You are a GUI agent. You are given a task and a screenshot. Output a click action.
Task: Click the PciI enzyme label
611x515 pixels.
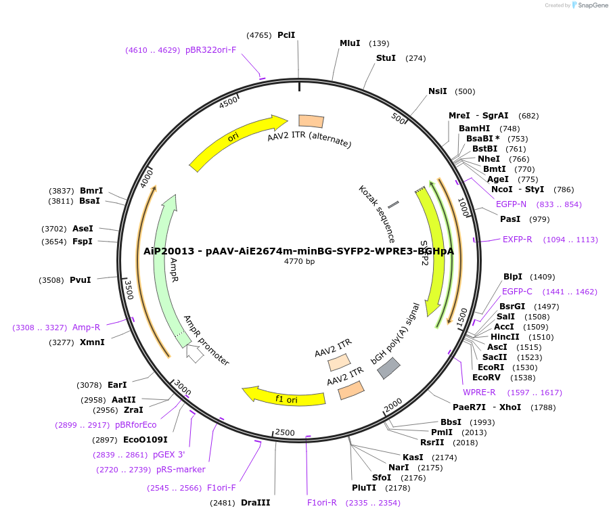coord(286,35)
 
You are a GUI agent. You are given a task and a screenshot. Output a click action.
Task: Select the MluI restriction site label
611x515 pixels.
coord(350,43)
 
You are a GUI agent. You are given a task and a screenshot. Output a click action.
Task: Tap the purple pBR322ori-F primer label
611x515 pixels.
coord(210,50)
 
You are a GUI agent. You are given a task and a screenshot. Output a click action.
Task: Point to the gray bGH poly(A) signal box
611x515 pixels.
coord(388,367)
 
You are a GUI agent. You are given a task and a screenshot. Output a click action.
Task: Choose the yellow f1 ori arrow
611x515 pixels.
coord(284,397)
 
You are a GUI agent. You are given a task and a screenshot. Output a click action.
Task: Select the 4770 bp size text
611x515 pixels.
coord(299,261)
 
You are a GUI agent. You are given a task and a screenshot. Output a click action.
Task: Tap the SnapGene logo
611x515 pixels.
coord(587,5)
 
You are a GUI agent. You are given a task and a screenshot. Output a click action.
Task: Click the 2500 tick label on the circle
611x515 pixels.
coord(285,432)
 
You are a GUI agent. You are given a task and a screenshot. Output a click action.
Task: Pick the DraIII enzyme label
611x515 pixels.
coord(255,503)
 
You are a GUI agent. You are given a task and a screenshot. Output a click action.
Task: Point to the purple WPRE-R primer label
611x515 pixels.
coord(479,393)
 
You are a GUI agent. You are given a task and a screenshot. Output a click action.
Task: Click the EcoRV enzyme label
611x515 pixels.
coord(485,377)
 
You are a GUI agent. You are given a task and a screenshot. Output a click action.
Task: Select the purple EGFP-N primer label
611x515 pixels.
coord(511,204)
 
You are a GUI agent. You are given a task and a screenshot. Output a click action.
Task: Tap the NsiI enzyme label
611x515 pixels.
coord(438,91)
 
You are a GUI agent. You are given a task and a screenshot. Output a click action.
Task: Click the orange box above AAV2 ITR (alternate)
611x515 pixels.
coord(311,121)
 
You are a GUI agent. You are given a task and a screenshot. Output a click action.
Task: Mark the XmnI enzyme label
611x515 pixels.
coord(92,342)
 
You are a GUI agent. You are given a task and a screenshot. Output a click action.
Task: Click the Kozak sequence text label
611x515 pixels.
coord(377,213)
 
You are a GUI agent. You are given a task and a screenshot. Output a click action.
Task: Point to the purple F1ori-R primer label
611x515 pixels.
coord(322,503)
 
